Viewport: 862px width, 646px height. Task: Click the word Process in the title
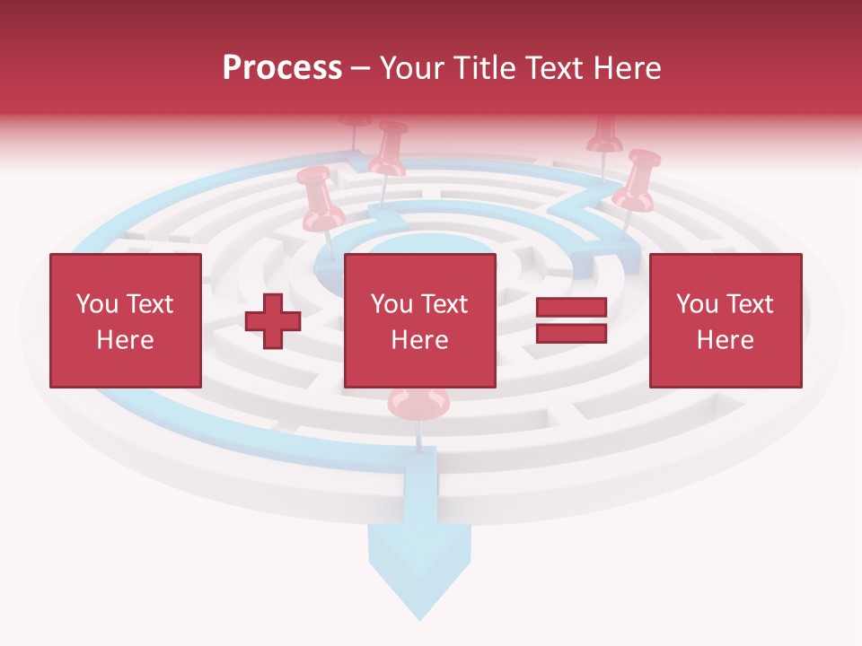(282, 68)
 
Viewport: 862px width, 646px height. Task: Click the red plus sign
(273, 321)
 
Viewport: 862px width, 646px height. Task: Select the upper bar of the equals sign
(571, 308)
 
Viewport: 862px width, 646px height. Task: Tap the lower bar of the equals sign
(571, 334)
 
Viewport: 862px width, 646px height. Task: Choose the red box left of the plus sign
(126, 320)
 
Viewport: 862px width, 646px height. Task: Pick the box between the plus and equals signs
(419, 320)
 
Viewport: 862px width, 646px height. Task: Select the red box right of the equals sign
(725, 320)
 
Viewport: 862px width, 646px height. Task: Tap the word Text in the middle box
(444, 304)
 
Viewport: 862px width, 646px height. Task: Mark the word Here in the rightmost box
(725, 340)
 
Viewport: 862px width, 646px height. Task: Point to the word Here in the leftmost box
(125, 340)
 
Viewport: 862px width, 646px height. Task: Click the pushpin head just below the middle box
(418, 404)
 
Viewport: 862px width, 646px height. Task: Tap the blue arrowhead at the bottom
(419, 574)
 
